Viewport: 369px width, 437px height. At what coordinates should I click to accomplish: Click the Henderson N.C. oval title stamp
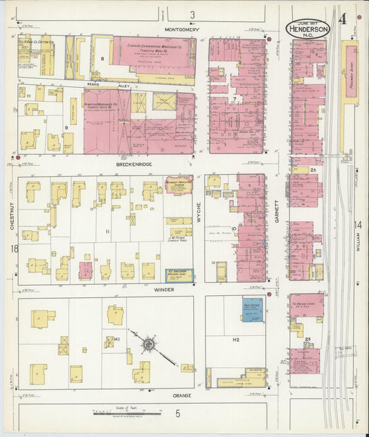308,28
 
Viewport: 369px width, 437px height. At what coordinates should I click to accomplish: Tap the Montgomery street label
183,30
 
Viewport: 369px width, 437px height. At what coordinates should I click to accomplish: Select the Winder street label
164,289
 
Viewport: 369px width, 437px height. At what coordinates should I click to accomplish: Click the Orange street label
181,396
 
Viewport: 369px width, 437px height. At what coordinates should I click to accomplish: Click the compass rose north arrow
148,344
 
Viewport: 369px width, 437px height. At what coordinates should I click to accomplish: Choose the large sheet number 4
343,18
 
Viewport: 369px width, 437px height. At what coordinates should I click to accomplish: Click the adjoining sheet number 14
358,225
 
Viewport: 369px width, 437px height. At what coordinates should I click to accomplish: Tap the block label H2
235,340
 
